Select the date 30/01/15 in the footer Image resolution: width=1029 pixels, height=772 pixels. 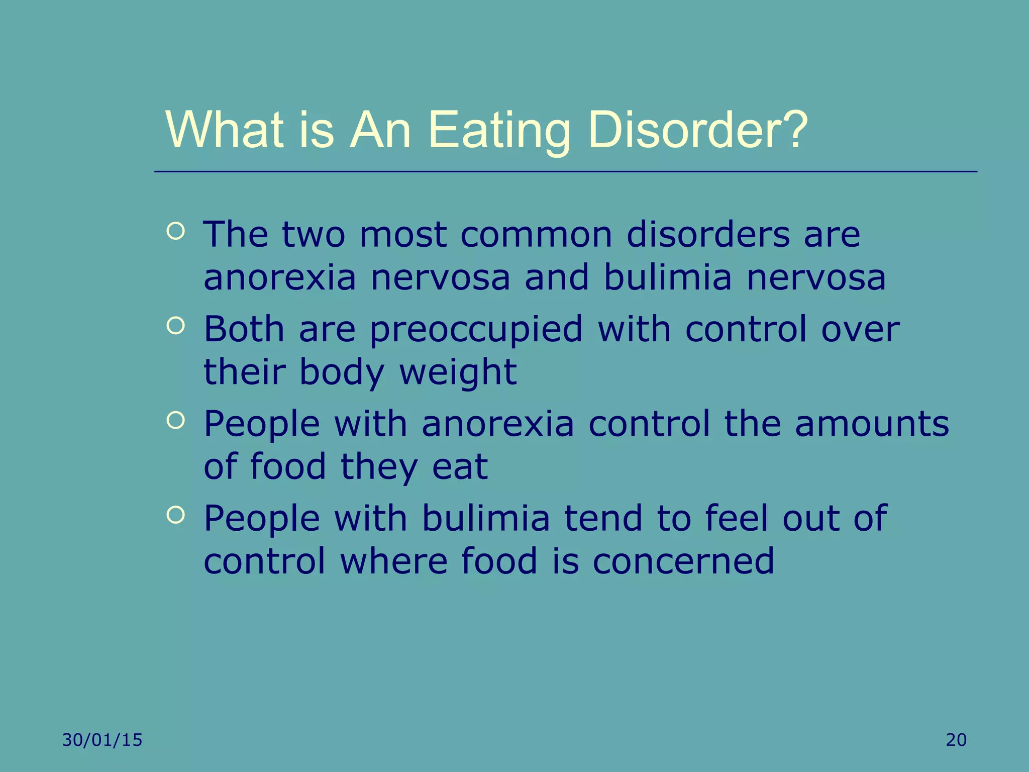102,740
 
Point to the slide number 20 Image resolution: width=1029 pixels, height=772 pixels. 956,740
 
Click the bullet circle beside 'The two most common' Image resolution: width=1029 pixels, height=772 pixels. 175,232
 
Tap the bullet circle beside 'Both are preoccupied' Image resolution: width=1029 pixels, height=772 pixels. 175,326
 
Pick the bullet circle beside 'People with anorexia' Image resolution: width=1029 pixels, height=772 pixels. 175,421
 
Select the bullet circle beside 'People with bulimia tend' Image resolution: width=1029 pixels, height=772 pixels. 175,515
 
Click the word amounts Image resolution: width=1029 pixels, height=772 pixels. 872,424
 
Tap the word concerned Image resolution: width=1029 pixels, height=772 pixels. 683,561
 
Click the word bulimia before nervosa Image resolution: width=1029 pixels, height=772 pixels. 668,278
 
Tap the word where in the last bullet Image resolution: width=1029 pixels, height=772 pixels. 393,561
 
